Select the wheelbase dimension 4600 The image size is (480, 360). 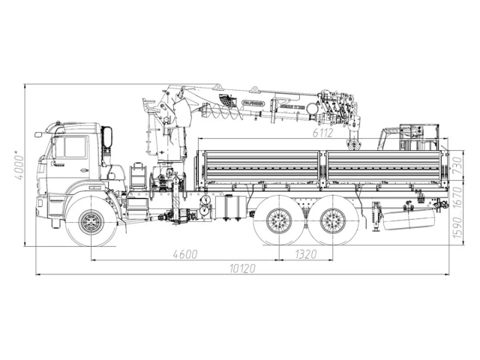pos(185,253)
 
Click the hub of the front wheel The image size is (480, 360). pos(91,221)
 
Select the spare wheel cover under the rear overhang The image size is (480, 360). pos(409,220)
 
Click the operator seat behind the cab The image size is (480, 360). pos(138,177)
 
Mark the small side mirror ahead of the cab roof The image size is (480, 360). pos(39,135)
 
